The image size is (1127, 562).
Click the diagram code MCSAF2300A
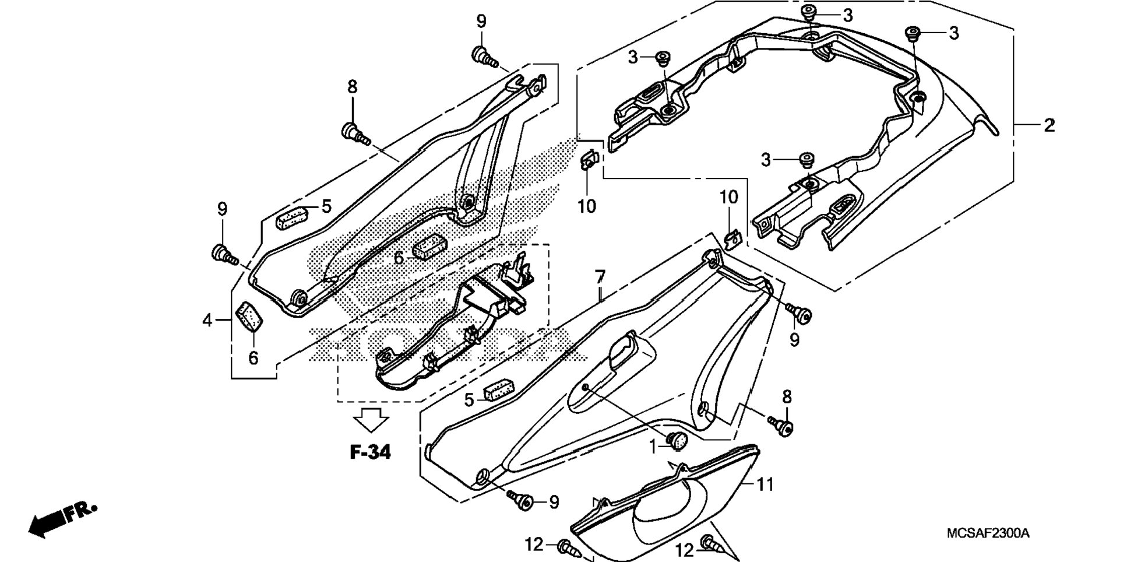pyautogui.click(x=988, y=533)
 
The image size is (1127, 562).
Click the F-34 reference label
pyautogui.click(x=370, y=452)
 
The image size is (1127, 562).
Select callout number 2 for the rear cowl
pyautogui.click(x=1049, y=125)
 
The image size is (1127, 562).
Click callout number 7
pyautogui.click(x=600, y=277)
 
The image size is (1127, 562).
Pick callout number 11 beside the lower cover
pyautogui.click(x=765, y=484)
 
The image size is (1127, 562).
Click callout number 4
pyautogui.click(x=207, y=319)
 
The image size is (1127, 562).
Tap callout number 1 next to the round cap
pyautogui.click(x=653, y=447)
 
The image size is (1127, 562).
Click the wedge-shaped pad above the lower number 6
pyautogui.click(x=249, y=317)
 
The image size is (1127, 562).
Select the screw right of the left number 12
pyautogui.click(x=569, y=548)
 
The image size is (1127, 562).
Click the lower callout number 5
pyautogui.click(x=469, y=400)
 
